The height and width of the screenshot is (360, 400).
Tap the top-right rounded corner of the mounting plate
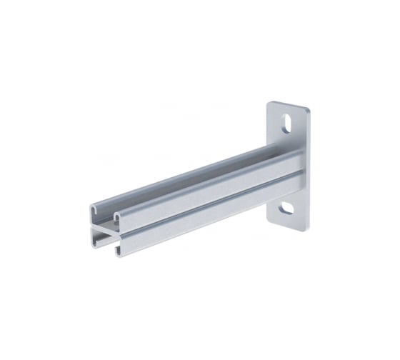[307, 109]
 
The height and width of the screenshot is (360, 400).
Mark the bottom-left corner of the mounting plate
[269, 219]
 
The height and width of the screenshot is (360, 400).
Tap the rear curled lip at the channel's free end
[94, 209]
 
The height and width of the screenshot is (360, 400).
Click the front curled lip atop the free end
[117, 214]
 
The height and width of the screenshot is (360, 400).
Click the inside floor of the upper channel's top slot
[186, 176]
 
